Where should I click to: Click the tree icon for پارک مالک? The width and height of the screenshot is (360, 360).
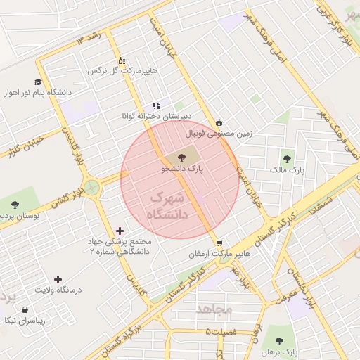pos(286,158)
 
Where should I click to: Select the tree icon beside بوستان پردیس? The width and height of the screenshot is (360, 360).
pos(15,205)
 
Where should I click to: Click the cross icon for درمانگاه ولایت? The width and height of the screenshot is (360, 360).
pos(58,279)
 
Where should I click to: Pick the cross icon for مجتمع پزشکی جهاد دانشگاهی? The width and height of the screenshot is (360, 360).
pos(120,231)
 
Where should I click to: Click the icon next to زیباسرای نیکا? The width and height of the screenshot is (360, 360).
pos(25,309)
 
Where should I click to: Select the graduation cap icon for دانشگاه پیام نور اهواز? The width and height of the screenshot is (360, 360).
pos(37,82)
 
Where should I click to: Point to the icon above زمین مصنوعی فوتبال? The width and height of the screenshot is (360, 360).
pos(219,122)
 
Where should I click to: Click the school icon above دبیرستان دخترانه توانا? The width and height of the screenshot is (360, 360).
pos(156,105)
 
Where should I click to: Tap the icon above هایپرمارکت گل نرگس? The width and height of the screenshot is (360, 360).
pos(121,61)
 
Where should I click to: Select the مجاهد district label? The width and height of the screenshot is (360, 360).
pos(214,309)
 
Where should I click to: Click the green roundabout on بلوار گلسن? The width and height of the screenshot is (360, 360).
pos(91,188)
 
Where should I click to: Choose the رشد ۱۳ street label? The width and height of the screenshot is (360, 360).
pos(90,37)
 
